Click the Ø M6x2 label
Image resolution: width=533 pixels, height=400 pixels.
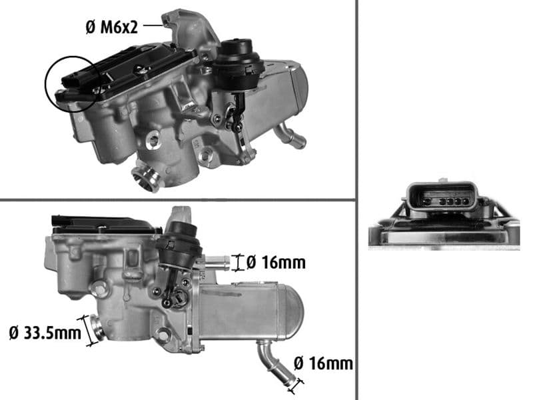[x=113, y=27]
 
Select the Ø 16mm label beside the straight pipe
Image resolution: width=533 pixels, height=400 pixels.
[x=275, y=263]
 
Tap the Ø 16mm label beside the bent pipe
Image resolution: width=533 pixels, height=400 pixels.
[x=322, y=363]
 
